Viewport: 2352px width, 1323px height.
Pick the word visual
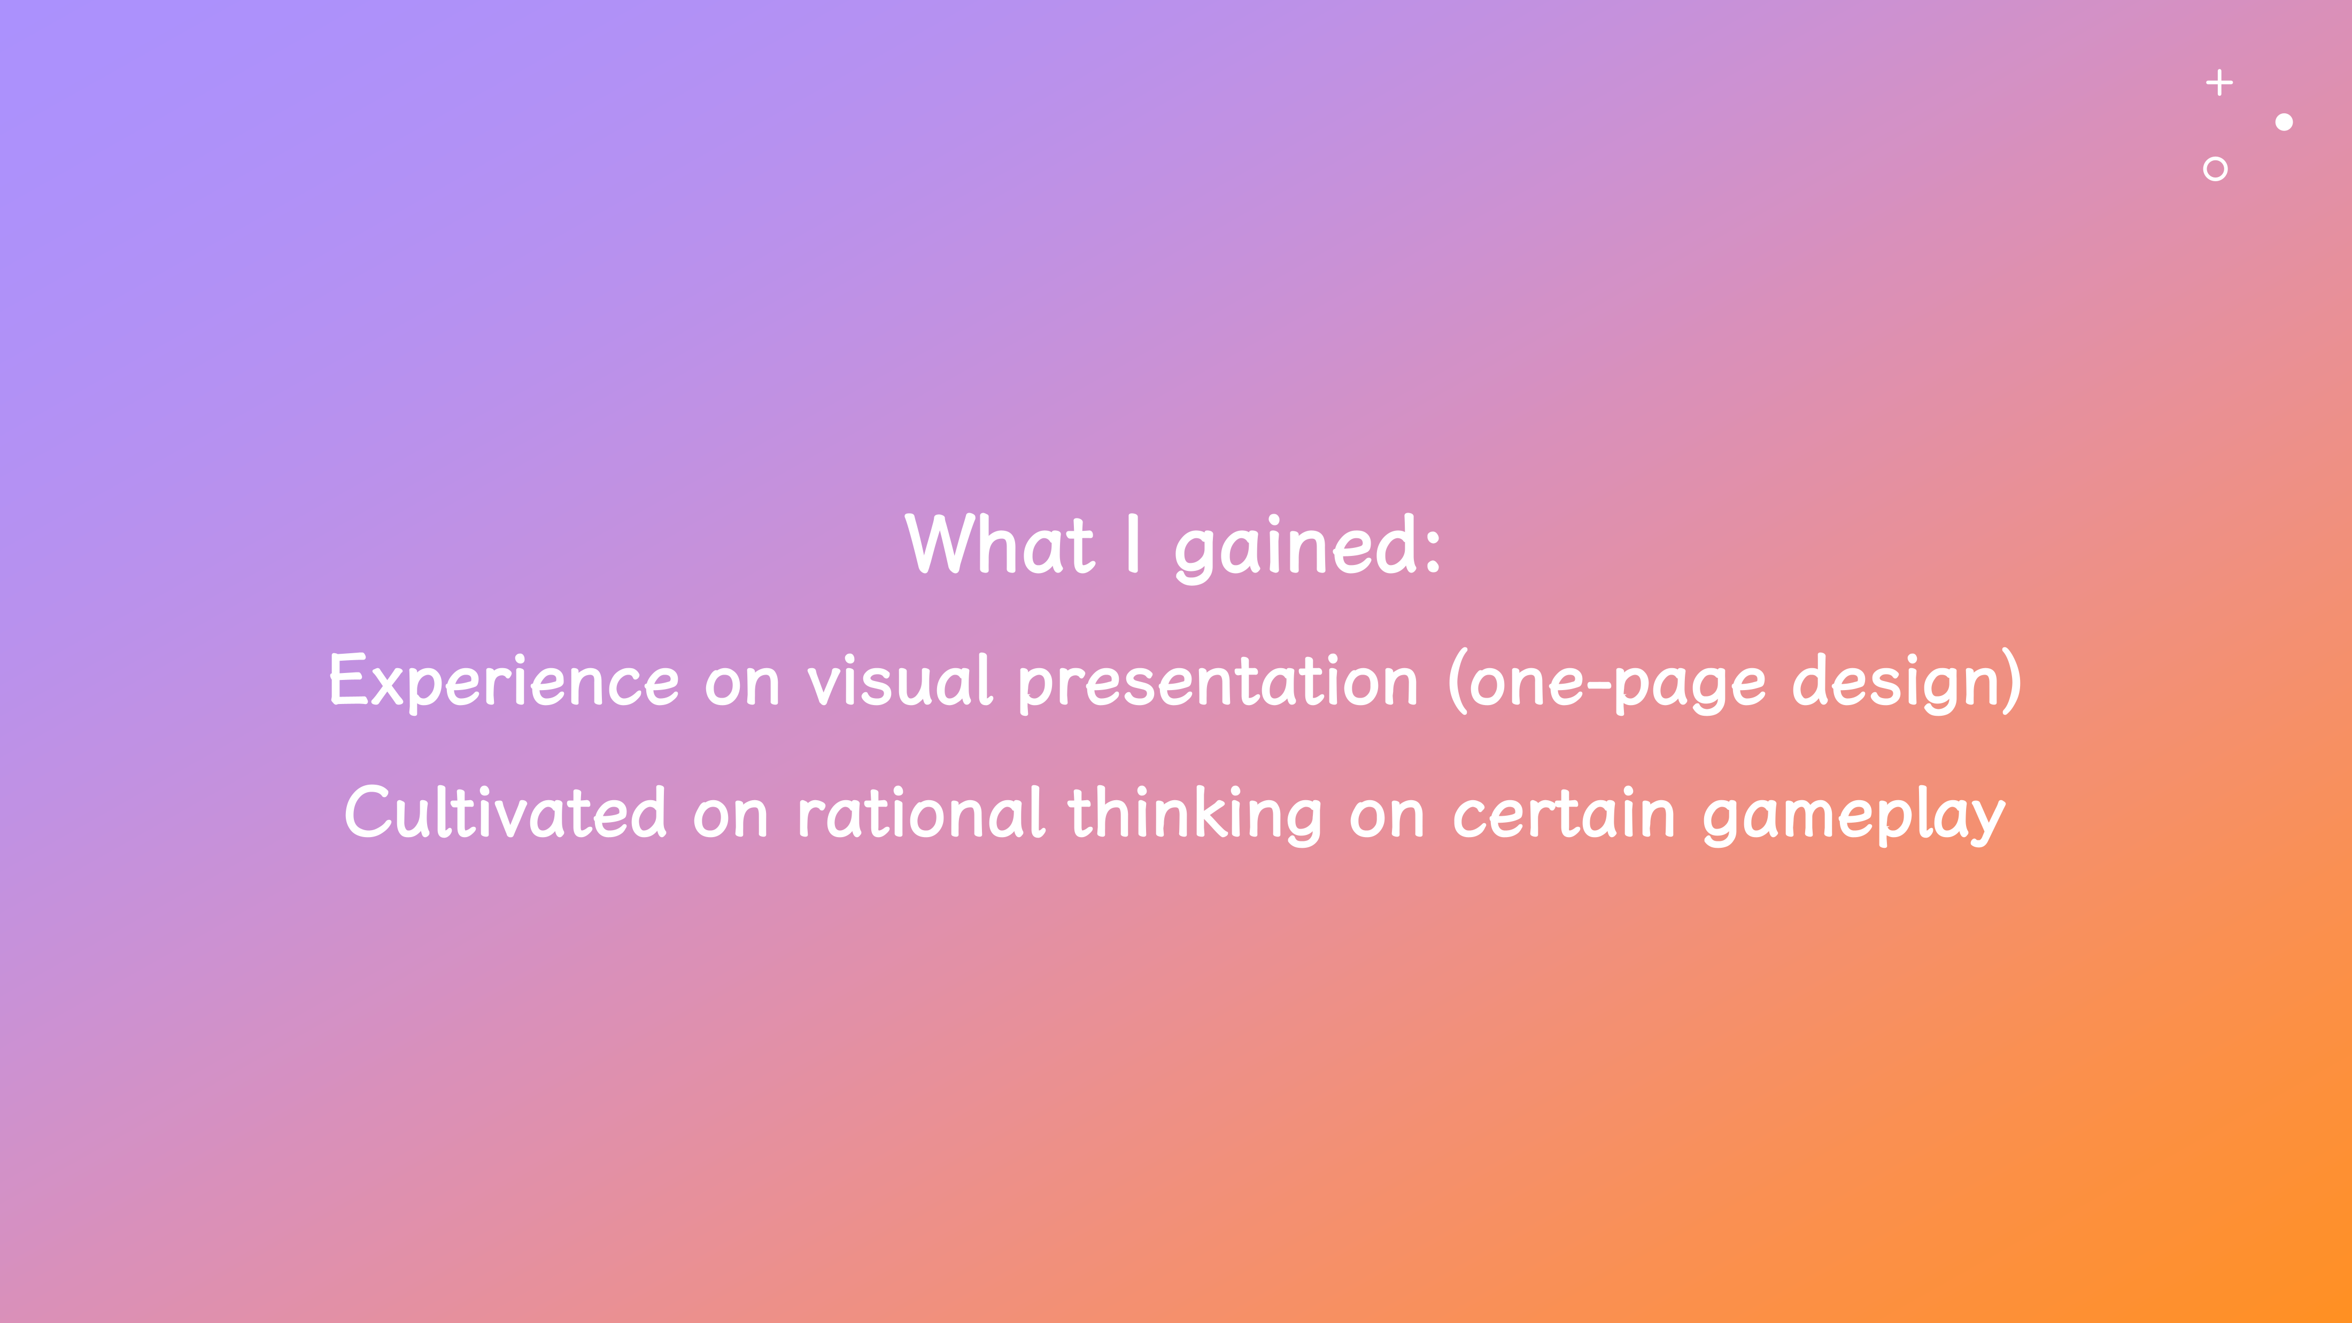click(x=899, y=681)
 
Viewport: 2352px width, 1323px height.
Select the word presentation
click(x=1218, y=683)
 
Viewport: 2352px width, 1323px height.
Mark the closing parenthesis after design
click(x=2013, y=681)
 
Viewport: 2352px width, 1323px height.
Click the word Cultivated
click(x=505, y=813)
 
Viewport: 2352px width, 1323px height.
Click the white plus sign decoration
click(x=2219, y=83)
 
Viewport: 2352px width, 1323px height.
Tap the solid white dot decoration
click(x=2285, y=122)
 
